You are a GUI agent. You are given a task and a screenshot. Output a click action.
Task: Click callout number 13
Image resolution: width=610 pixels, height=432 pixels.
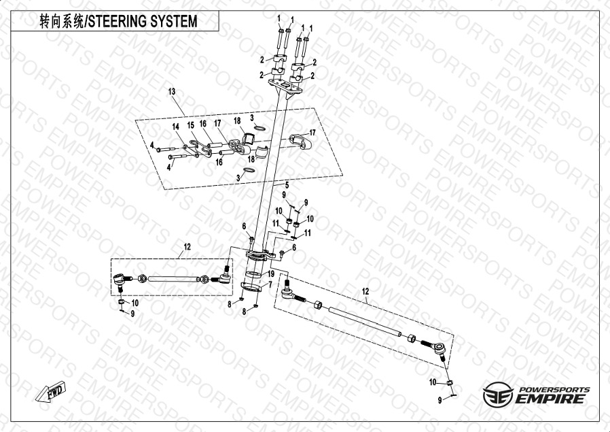click(x=172, y=91)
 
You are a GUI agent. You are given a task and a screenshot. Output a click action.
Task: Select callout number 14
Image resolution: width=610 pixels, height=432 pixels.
click(x=175, y=127)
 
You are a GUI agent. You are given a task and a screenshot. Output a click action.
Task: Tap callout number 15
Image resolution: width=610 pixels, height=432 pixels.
click(x=191, y=125)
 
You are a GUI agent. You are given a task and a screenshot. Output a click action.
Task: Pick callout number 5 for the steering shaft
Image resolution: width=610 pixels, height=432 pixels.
click(x=287, y=185)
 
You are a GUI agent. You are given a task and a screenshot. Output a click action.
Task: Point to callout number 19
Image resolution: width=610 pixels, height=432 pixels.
click(x=270, y=273)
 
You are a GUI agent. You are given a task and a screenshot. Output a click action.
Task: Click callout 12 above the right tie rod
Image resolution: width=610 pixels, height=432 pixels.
click(x=365, y=291)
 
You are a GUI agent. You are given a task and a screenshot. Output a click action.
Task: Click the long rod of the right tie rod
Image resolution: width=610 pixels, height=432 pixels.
click(x=367, y=320)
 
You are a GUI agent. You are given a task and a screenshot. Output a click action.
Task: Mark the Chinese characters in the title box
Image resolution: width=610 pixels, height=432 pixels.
click(x=61, y=21)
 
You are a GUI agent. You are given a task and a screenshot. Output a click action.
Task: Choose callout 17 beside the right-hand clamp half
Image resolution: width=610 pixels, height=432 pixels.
click(x=313, y=132)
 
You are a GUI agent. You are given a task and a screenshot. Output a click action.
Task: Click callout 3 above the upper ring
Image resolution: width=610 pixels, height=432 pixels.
click(x=251, y=118)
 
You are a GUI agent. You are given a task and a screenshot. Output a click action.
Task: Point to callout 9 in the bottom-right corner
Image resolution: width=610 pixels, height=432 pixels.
click(x=439, y=398)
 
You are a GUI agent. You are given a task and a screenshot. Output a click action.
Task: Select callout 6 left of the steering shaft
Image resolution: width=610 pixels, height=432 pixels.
click(x=244, y=226)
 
